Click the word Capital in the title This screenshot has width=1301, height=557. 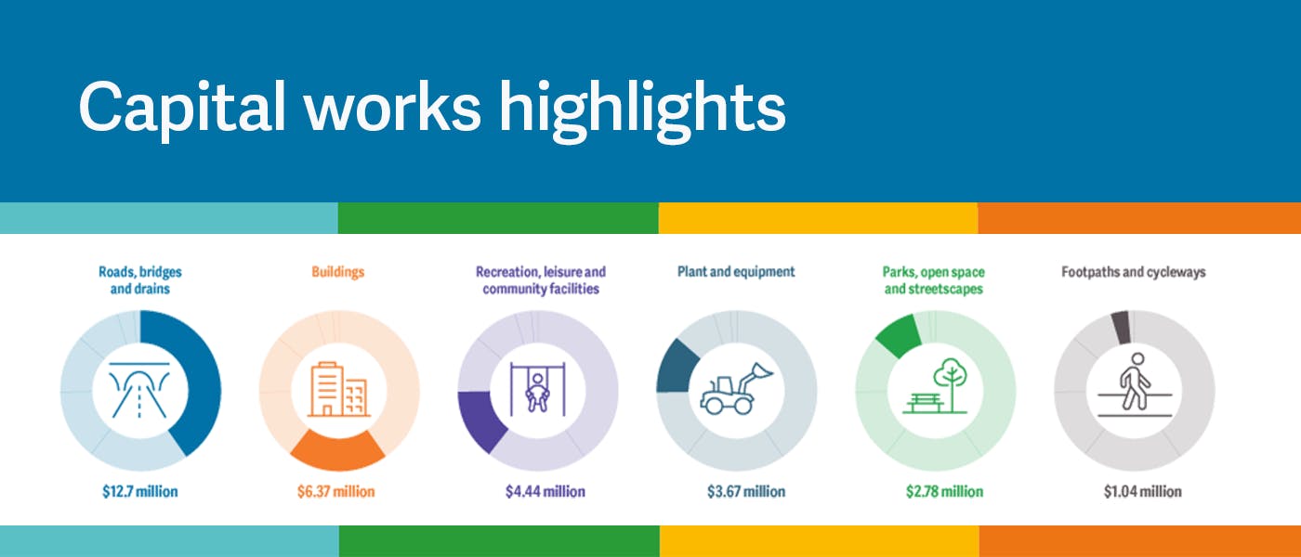click(x=182, y=109)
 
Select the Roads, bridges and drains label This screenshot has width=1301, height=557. click(x=140, y=280)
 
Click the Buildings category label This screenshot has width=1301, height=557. click(x=338, y=272)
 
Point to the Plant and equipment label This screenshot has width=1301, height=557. click(x=736, y=272)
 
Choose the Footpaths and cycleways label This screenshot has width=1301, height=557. click(x=1133, y=272)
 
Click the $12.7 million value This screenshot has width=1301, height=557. click(x=140, y=491)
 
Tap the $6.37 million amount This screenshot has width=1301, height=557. click(x=335, y=491)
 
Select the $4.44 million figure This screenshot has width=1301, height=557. click(x=545, y=491)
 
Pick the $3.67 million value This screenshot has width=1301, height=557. click(x=745, y=491)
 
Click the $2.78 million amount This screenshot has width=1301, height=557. click(x=944, y=491)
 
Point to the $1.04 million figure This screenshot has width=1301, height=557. click(x=1142, y=491)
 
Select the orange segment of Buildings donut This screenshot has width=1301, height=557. click(x=337, y=453)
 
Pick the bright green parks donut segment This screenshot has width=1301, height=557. click(x=899, y=336)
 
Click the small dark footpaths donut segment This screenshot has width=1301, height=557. click(x=1121, y=327)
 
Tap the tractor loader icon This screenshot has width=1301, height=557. click(x=736, y=388)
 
